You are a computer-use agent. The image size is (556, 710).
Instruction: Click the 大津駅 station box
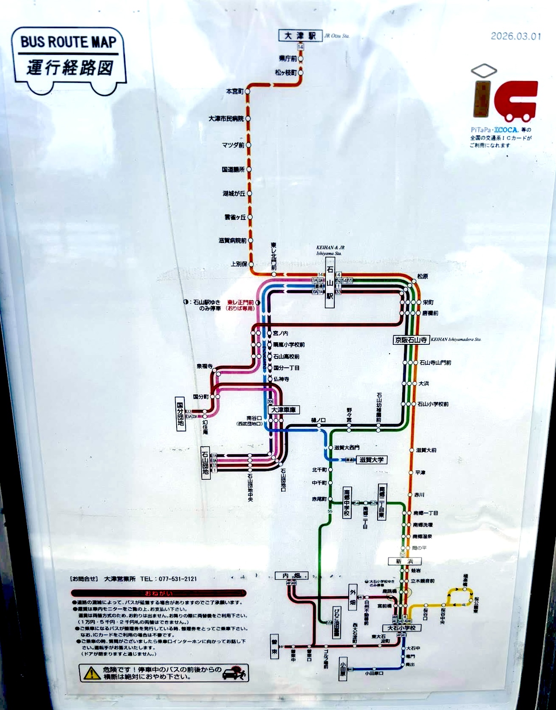click(301, 36)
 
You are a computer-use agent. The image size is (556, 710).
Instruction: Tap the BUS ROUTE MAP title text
click(68, 42)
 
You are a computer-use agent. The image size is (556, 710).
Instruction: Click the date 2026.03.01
click(516, 36)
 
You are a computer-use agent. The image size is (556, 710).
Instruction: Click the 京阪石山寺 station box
click(411, 340)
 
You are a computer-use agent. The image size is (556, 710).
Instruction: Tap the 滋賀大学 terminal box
click(371, 459)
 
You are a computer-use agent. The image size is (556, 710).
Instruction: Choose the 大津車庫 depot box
click(283, 410)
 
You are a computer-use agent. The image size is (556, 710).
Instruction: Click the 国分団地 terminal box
click(181, 414)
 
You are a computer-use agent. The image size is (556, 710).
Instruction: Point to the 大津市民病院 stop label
click(226, 119)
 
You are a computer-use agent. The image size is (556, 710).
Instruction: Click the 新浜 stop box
click(401, 561)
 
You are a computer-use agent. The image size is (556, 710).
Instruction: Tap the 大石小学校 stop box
click(401, 628)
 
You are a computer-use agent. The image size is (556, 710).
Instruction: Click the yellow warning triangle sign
click(91, 673)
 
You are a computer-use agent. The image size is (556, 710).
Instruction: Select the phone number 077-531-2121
click(177, 578)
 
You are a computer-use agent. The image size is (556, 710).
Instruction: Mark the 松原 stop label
click(422, 276)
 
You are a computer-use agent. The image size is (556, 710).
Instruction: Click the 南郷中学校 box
click(347, 503)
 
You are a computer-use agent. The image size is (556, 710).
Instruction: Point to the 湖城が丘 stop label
click(234, 194)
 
